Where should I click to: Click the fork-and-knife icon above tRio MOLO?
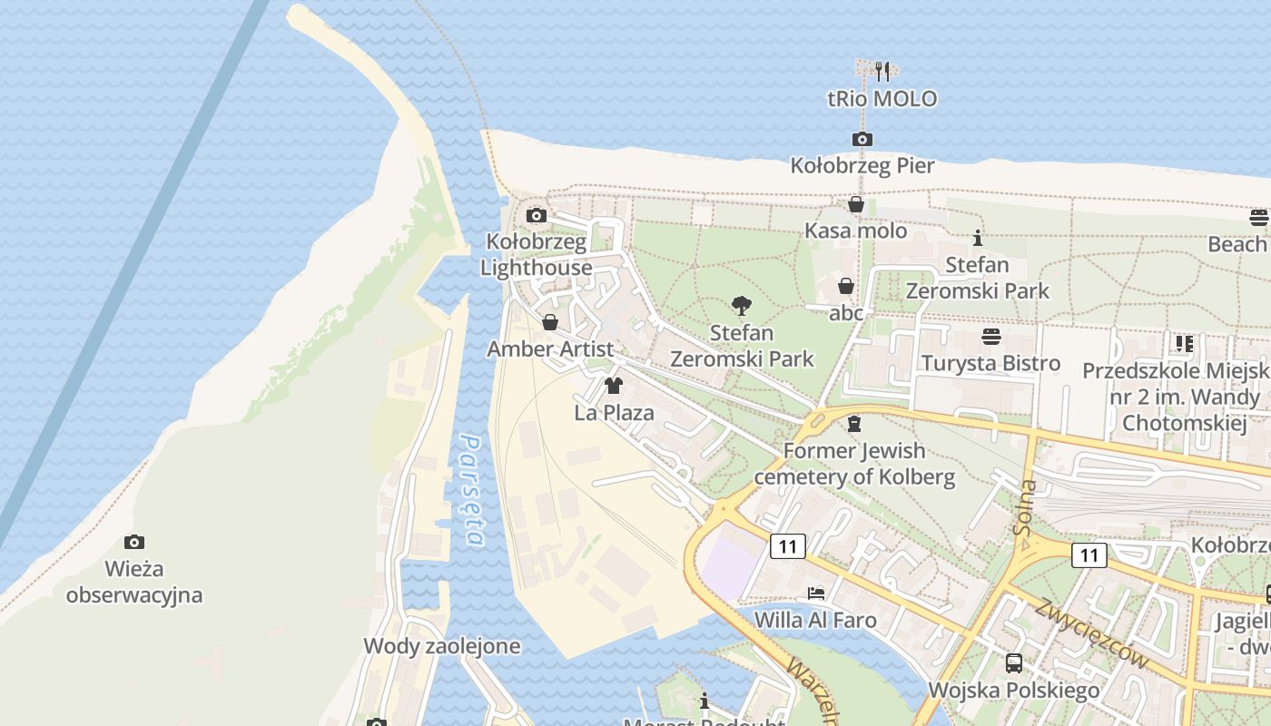(882, 71)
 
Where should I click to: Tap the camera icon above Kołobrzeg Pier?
(862, 139)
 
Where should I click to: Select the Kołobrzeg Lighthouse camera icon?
(537, 215)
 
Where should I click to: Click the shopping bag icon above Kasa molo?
(855, 204)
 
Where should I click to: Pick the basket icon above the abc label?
(846, 286)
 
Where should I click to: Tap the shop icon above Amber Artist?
(550, 322)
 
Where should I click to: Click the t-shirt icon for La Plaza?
(614, 386)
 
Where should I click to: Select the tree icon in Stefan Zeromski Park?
(742, 306)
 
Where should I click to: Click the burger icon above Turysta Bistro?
(990, 337)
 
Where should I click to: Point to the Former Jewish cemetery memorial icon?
(853, 424)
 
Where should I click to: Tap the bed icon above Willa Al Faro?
(816, 594)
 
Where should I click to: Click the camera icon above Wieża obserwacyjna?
(134, 542)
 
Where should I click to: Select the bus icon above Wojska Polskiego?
(1014, 663)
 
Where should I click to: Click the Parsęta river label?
(471, 490)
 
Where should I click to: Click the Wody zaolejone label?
(442, 646)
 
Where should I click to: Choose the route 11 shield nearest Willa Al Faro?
(787, 546)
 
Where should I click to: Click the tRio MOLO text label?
(882, 99)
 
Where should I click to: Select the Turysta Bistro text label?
(990, 363)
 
